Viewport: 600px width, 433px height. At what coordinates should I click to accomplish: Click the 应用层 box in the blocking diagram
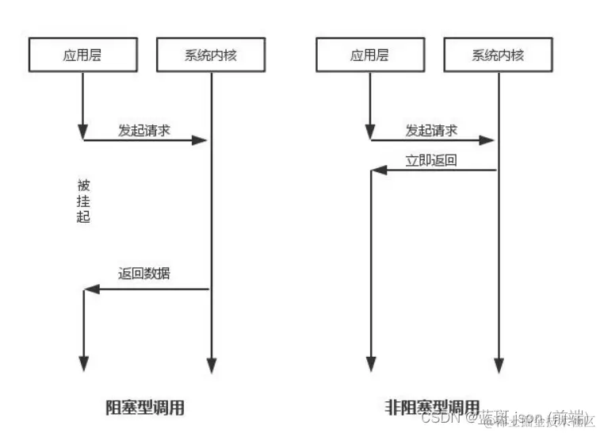[x=82, y=55]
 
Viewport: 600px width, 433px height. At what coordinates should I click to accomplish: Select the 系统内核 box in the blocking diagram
[x=211, y=55]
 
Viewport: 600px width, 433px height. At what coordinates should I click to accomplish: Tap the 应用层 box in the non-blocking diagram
[x=369, y=55]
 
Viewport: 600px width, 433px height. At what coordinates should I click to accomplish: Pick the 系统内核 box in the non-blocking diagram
[x=498, y=55]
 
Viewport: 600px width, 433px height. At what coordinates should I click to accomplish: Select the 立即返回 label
[x=431, y=159]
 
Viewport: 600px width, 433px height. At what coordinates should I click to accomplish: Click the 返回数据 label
[x=144, y=274]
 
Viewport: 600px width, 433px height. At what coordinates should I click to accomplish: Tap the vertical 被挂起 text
[x=83, y=201]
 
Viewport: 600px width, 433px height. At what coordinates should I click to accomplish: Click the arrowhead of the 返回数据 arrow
[x=90, y=289]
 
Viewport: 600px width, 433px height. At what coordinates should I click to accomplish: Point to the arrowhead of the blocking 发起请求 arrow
[x=201, y=140]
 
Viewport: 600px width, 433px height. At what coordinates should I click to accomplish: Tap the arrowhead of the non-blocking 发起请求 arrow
[x=488, y=140]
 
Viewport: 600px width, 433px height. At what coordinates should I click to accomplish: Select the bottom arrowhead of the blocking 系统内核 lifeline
[x=211, y=365]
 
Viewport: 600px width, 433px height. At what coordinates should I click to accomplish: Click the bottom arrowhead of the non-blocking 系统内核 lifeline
[x=498, y=365]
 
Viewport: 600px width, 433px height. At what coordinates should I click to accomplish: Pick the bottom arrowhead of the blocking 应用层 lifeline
[x=83, y=365]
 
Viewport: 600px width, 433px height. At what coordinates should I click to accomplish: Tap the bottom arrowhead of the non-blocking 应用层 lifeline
[x=370, y=365]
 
